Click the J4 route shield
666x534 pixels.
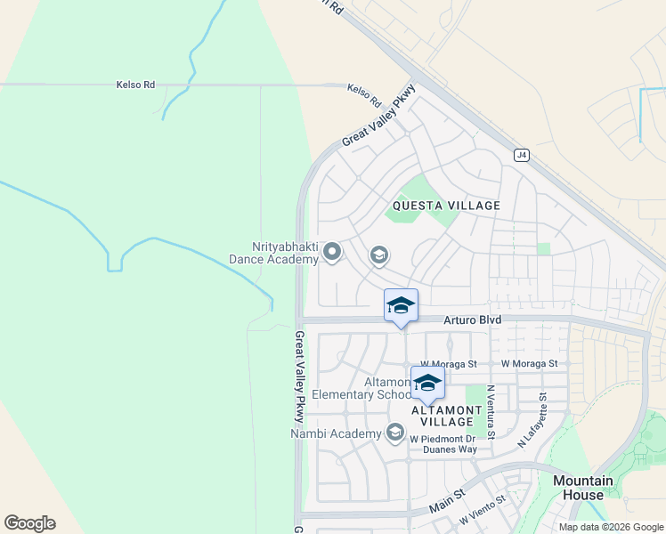[522, 156]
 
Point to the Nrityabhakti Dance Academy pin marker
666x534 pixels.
[332, 253]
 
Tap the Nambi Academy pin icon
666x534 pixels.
[394, 433]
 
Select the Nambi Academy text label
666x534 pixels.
[336, 434]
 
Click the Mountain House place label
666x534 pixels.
[583, 488]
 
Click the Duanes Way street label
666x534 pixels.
[449, 449]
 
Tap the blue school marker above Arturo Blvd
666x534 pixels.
[401, 305]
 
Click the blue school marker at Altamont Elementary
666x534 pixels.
[427, 383]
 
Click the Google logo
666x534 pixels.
[29, 523]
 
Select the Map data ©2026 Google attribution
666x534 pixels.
[610, 527]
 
